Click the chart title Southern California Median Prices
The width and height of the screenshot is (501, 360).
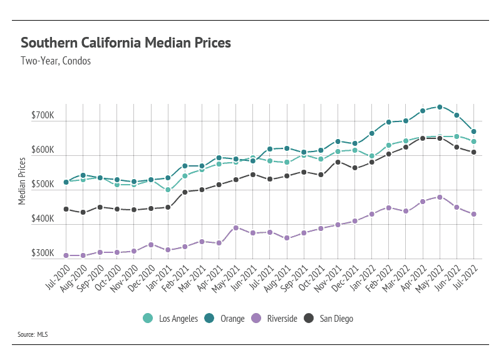(126, 43)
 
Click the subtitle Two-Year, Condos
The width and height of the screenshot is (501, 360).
(56, 61)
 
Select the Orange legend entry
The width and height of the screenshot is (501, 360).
(225, 319)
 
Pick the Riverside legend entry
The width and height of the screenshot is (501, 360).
(275, 319)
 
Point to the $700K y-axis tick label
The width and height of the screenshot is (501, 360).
(43, 116)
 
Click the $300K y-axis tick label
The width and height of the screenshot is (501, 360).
(43, 254)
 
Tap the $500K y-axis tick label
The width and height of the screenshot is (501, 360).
(43, 185)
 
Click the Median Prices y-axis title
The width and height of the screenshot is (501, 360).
(22, 181)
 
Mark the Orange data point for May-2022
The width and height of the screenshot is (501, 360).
(440, 107)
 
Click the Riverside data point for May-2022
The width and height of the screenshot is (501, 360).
(440, 197)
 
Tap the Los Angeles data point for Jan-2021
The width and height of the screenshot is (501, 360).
(168, 190)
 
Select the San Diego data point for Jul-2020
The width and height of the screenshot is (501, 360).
(66, 209)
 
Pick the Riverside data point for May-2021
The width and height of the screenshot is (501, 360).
(236, 228)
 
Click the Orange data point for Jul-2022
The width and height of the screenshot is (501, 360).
(474, 131)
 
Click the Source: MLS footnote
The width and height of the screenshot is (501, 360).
(33, 335)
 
